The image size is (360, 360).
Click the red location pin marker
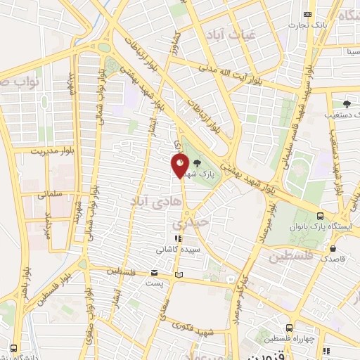(179, 166)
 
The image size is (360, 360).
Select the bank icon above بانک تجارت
(307, 14)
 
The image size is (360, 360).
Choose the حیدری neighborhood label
(190, 224)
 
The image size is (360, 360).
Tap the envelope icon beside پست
(154, 272)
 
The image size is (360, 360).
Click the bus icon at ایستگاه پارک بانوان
(320, 216)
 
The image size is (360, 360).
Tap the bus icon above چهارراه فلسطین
(290, 328)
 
